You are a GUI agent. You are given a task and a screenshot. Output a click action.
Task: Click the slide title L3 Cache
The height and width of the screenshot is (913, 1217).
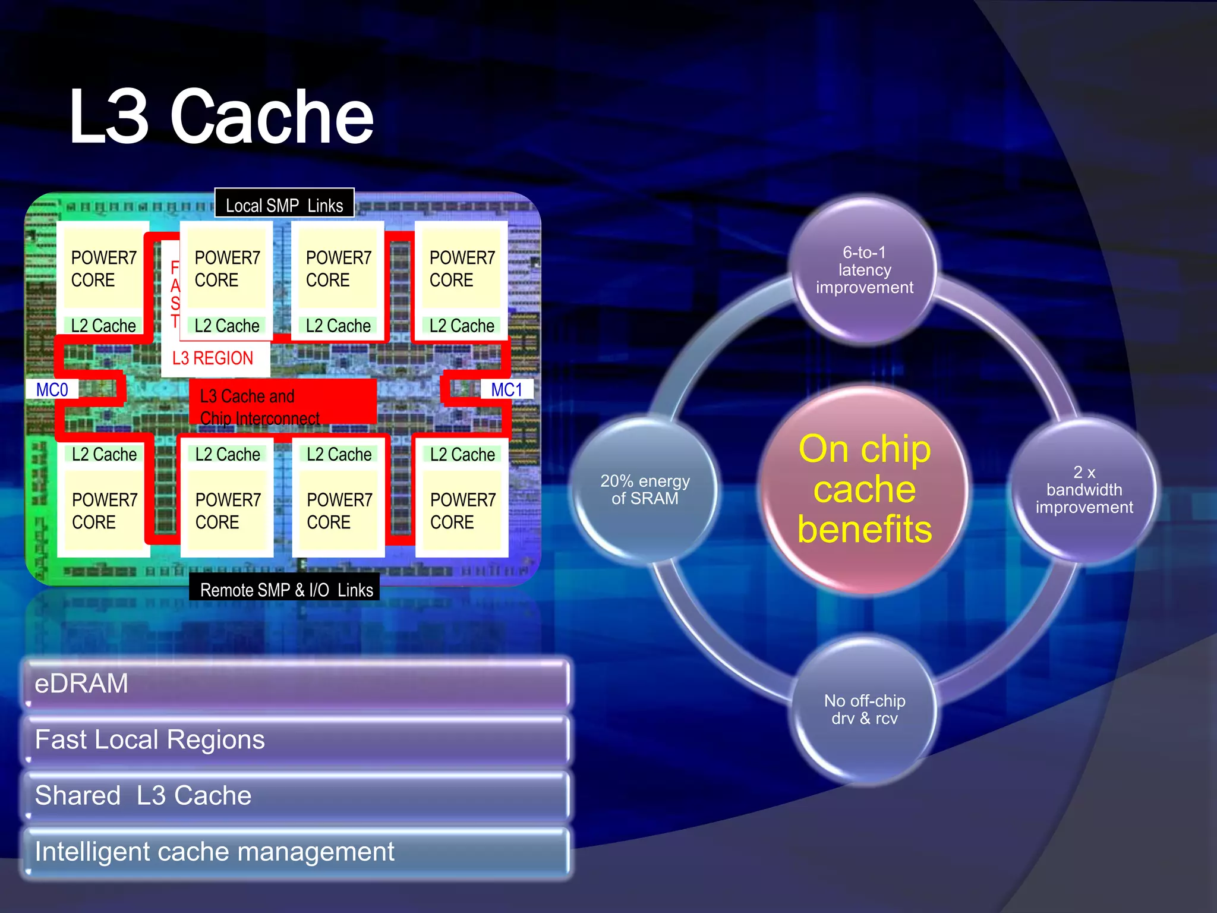coord(221,117)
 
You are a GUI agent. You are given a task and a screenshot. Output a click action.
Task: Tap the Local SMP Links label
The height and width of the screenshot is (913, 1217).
coord(284,205)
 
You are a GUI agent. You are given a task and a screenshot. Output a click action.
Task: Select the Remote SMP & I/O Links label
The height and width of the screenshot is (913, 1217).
coord(286,589)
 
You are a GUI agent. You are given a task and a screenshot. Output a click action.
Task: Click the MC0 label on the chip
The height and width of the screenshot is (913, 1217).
coord(52,390)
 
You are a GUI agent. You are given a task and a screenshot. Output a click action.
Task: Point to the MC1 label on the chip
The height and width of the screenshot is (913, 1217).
coord(507,390)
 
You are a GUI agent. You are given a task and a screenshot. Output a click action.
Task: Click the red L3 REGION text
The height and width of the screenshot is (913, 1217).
coord(213,358)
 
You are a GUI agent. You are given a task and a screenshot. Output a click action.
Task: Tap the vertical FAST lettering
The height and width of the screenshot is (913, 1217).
coord(175,295)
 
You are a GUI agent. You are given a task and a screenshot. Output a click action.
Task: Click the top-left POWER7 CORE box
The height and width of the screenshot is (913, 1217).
coord(103,269)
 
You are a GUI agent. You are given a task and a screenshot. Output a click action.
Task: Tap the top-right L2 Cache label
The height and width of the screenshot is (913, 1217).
coord(462,326)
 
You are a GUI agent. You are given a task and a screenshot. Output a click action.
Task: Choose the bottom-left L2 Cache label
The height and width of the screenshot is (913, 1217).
coord(104,454)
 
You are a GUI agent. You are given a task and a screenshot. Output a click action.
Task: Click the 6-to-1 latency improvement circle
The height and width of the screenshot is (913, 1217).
coord(864,270)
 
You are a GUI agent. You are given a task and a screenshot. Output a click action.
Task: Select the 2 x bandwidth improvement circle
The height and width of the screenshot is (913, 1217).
coord(1084,490)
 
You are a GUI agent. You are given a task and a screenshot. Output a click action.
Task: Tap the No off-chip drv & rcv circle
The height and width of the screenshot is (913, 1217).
coord(864,710)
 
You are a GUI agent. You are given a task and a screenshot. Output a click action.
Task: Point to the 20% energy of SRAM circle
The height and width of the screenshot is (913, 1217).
coord(645,490)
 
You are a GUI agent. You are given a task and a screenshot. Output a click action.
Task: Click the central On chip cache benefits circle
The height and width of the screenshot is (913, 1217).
coord(864,489)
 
